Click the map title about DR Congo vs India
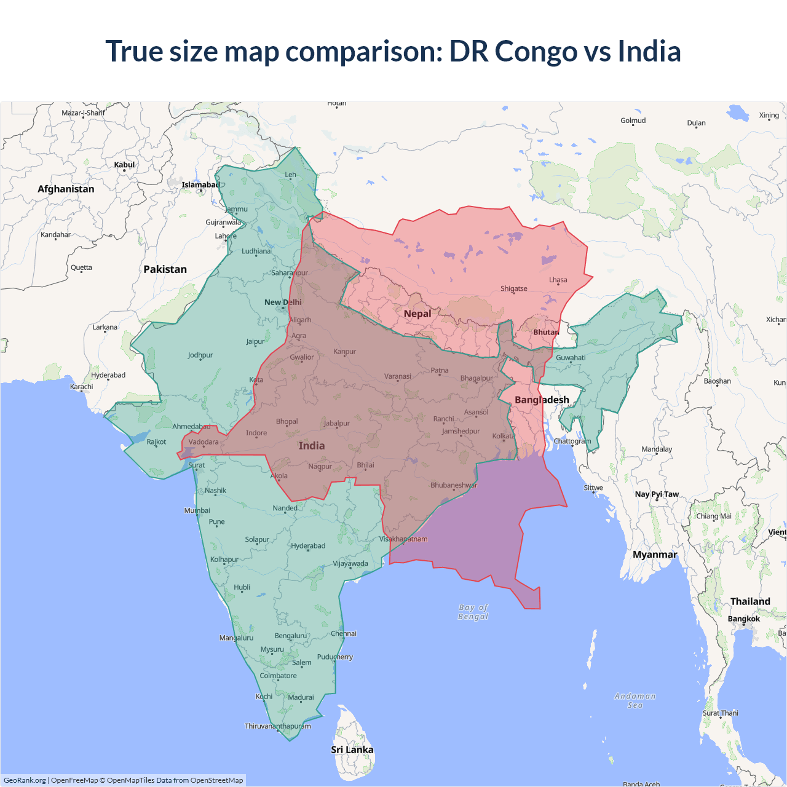(x=393, y=51)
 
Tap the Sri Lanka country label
(x=352, y=749)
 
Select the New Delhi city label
(x=283, y=302)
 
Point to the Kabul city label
(x=124, y=165)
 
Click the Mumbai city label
(x=197, y=510)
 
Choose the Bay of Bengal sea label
(x=473, y=612)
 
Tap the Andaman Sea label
(x=635, y=700)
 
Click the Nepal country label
(x=417, y=314)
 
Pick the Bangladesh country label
(x=542, y=400)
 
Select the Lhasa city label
(x=558, y=280)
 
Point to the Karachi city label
(x=82, y=387)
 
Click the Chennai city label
(x=343, y=633)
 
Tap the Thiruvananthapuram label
(x=278, y=726)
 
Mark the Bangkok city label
(x=743, y=619)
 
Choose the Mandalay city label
(x=657, y=449)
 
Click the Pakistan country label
(x=165, y=269)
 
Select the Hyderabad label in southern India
(x=308, y=545)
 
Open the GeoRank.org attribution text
(x=25, y=780)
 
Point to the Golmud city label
(x=633, y=121)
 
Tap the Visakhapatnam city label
(x=403, y=539)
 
